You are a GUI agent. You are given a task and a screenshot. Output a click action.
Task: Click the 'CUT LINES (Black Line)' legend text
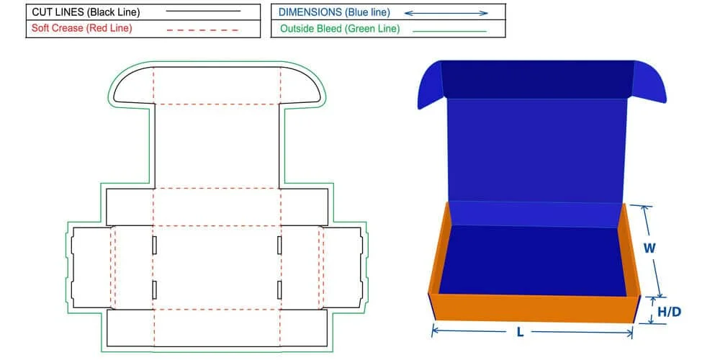(x=86, y=12)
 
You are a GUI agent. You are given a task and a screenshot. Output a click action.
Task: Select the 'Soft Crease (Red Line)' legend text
(x=81, y=29)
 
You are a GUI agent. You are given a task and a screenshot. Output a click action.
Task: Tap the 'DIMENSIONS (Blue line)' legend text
(x=333, y=12)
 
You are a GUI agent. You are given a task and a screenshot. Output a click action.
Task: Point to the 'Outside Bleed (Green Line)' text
(x=340, y=30)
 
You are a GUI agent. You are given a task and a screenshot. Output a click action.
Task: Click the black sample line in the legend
(x=203, y=12)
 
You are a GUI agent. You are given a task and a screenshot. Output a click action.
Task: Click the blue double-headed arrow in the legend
(x=446, y=12)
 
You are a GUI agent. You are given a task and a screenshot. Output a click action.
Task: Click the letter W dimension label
(x=649, y=248)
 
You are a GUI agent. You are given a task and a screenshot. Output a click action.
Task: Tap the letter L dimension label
(x=520, y=333)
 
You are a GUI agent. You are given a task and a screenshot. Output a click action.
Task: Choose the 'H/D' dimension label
(x=670, y=312)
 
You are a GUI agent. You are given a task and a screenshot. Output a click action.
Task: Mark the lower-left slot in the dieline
(x=155, y=290)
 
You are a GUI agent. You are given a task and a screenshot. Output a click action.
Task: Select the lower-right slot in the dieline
(x=279, y=290)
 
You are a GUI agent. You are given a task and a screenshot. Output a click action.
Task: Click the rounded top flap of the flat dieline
(x=217, y=85)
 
